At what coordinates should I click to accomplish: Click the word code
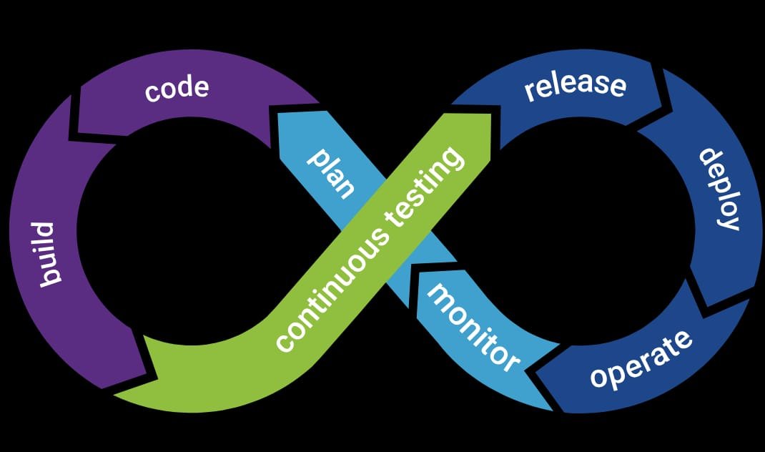(x=177, y=89)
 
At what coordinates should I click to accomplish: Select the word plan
(x=331, y=174)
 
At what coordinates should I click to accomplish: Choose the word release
(x=575, y=85)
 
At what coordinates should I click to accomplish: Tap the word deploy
(x=718, y=189)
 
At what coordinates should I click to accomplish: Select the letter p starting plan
(x=315, y=159)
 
